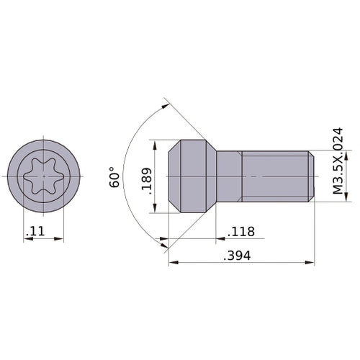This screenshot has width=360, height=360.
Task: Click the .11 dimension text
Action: (34, 232)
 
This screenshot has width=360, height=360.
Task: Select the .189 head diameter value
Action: (146, 176)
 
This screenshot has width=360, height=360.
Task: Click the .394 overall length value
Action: (237, 256)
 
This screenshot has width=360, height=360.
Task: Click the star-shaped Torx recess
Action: (43, 176)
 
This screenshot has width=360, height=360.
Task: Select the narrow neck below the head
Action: (229, 176)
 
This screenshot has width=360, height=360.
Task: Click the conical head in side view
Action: (193, 176)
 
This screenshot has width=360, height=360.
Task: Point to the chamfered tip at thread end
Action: (312, 176)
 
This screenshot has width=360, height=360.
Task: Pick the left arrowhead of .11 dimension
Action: (27, 240)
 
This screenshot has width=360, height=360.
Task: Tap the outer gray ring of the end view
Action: (17, 176)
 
